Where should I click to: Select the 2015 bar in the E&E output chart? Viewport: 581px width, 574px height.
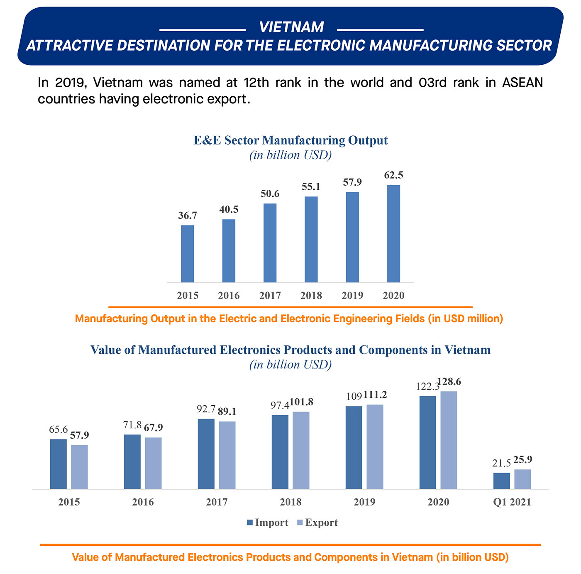pyautogui.click(x=188, y=254)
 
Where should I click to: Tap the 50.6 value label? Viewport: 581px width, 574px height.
pyautogui.click(x=270, y=194)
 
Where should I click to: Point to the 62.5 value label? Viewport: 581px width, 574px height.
pyautogui.click(x=393, y=175)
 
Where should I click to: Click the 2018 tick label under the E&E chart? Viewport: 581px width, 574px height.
pyautogui.click(x=311, y=295)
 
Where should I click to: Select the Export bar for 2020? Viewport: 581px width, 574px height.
pyautogui.click(x=449, y=440)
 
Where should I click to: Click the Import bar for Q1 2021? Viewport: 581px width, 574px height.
pyautogui.click(x=502, y=481)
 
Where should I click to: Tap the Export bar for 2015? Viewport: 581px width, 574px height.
pyautogui.click(x=79, y=467)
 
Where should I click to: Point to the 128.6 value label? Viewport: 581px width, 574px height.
pyautogui.click(x=449, y=381)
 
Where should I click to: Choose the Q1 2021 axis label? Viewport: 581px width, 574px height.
pyautogui.click(x=512, y=502)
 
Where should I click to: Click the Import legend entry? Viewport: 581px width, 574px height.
pyautogui.click(x=268, y=522)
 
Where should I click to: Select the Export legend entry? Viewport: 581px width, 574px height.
pyautogui.click(x=318, y=522)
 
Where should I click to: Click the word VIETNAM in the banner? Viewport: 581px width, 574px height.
pyautogui.click(x=291, y=27)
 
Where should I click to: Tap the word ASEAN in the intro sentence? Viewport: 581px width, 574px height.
pyautogui.click(x=522, y=83)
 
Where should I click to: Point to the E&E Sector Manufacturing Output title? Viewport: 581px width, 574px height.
pyautogui.click(x=290, y=140)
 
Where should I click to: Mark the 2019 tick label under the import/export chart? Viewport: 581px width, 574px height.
pyautogui.click(x=364, y=502)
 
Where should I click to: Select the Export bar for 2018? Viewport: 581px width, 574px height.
pyautogui.click(x=301, y=450)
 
